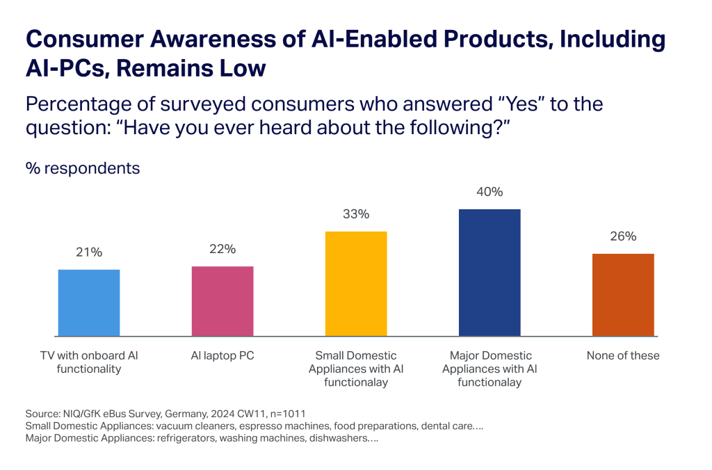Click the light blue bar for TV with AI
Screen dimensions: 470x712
[x=88, y=302]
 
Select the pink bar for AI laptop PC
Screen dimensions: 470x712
[x=222, y=300]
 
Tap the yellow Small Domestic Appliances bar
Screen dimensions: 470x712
[x=356, y=283]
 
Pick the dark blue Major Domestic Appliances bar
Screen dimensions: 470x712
[x=489, y=272]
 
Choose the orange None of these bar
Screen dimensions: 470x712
[x=623, y=295]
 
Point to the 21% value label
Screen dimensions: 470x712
[x=89, y=252]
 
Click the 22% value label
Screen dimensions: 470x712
[x=222, y=249]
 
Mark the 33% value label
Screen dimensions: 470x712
[x=356, y=214]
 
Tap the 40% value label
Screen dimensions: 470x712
[x=489, y=192]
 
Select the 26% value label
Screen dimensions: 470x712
[x=623, y=236]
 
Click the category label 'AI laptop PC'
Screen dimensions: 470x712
[x=222, y=355]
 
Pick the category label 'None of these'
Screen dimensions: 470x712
[x=623, y=355]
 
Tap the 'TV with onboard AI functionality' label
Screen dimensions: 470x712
[x=89, y=362]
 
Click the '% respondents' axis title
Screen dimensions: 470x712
[x=83, y=169]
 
